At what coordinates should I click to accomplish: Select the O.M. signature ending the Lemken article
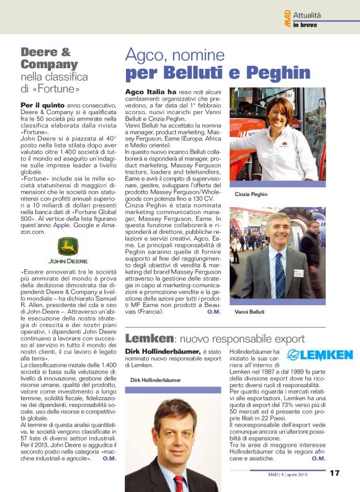(318, 458)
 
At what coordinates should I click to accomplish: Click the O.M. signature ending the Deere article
(109, 459)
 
